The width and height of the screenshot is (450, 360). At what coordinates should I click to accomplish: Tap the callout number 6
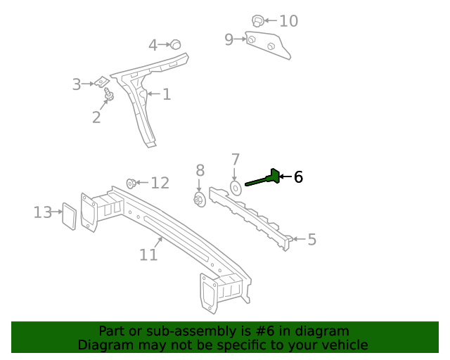[298, 177]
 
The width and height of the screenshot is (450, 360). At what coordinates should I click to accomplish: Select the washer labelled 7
[236, 188]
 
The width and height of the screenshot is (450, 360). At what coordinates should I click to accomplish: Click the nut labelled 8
[199, 200]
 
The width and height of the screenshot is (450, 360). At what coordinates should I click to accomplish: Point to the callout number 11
[148, 254]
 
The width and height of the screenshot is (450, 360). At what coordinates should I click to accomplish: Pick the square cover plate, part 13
[70, 216]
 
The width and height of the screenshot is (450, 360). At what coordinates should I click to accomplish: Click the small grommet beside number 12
[131, 184]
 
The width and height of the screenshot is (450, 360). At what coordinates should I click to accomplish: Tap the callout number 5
[311, 240]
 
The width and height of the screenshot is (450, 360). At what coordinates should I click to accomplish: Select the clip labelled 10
[258, 21]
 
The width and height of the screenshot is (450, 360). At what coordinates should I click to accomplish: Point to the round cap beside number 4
[176, 44]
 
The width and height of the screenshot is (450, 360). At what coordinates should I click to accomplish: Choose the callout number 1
[167, 94]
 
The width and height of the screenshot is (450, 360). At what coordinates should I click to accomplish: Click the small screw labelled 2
[108, 94]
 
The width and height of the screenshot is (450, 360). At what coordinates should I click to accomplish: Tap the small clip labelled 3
[101, 82]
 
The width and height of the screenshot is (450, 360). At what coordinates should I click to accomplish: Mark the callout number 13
[43, 212]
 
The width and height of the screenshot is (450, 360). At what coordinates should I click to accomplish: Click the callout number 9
[229, 39]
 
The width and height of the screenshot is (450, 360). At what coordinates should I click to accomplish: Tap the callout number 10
[288, 21]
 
